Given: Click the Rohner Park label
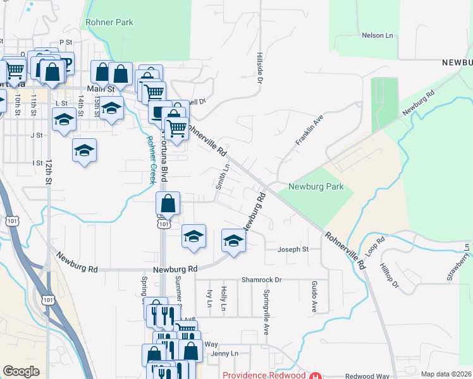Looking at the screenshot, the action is (109, 22).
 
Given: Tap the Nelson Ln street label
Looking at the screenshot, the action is (377, 35).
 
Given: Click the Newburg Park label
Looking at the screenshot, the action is (316, 186).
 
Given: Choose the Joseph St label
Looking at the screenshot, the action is (294, 250).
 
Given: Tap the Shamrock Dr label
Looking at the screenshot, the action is (261, 279).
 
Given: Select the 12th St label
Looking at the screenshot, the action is (48, 171).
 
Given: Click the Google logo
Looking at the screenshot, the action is (21, 371).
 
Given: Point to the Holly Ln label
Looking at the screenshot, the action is (224, 298).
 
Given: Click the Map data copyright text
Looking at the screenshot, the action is (446, 374).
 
